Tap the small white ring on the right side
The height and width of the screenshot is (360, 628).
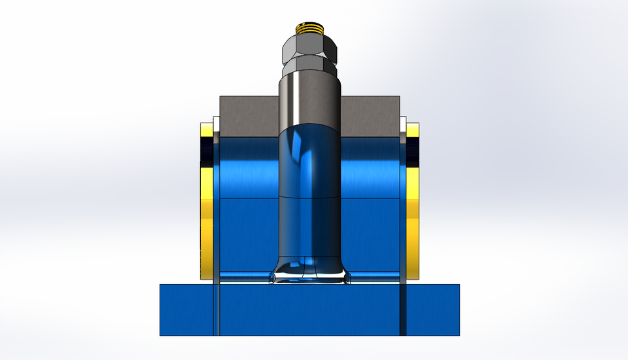(x=403, y=124)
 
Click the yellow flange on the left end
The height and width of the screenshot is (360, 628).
(x=205, y=223)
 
